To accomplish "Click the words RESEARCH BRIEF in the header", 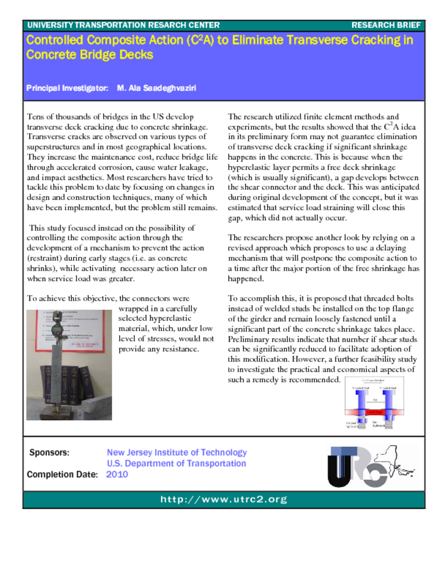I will (x=386, y=25).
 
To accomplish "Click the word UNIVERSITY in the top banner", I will (x=50, y=25).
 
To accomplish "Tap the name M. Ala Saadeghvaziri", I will (x=157, y=88).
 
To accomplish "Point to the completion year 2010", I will (x=117, y=475).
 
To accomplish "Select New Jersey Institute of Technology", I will (x=177, y=453).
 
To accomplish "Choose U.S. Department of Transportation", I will (x=177, y=463).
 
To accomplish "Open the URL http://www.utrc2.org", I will (x=224, y=500).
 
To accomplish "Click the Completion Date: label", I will (x=62, y=475).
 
